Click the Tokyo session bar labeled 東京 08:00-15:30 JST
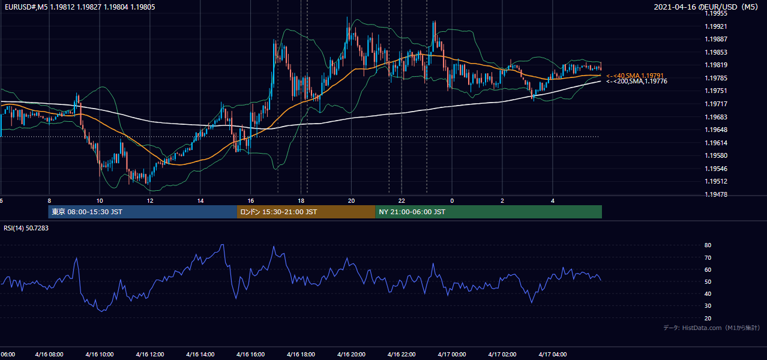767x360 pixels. point(142,212)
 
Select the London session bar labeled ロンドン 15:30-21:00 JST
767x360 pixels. point(306,212)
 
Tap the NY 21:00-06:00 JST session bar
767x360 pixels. point(489,212)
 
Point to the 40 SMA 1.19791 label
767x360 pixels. point(635,76)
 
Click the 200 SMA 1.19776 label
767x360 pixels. point(637,81)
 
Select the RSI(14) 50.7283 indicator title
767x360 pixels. point(26,228)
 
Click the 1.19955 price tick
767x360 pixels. point(716,14)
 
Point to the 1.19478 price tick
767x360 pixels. point(716,194)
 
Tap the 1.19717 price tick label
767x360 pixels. point(716,104)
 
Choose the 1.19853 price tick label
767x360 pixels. point(716,52)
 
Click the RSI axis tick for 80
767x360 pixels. point(708,245)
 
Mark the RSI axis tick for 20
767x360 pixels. point(708,318)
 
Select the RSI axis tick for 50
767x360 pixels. point(708,281)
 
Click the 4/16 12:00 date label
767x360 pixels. point(149,354)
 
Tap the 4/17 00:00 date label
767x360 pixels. point(452,354)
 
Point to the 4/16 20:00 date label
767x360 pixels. point(351,354)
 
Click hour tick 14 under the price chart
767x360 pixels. point(200,200)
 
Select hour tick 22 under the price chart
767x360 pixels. point(402,200)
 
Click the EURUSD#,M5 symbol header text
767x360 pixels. point(26,7)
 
